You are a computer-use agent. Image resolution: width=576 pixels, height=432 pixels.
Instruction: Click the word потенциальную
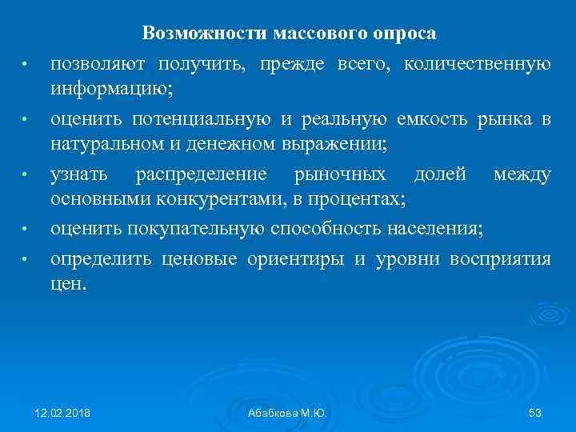[x=203, y=119]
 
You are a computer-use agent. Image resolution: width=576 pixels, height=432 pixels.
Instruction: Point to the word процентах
[x=347, y=202]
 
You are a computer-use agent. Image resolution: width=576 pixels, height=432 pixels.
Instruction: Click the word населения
[x=435, y=230]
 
